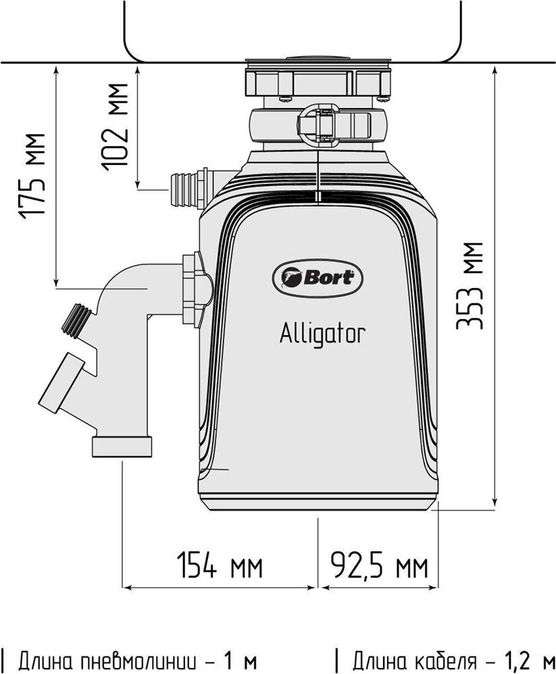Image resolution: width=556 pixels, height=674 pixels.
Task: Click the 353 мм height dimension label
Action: click(x=470, y=285)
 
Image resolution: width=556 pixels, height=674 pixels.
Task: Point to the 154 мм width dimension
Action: click(x=218, y=564)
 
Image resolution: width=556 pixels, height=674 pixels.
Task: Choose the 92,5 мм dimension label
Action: click(x=379, y=564)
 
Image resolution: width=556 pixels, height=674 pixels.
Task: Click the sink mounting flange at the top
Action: click(x=318, y=78)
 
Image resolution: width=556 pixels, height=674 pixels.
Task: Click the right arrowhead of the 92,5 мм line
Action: click(x=435, y=587)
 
